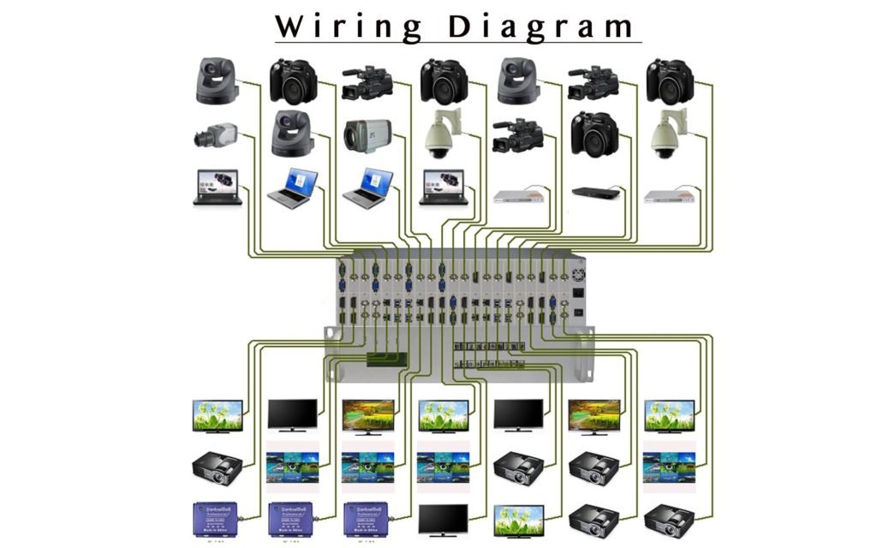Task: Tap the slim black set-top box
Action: [x=594, y=193]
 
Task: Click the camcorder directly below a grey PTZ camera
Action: [x=517, y=136]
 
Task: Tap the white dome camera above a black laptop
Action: [x=442, y=134]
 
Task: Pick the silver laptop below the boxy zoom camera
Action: [x=367, y=188]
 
